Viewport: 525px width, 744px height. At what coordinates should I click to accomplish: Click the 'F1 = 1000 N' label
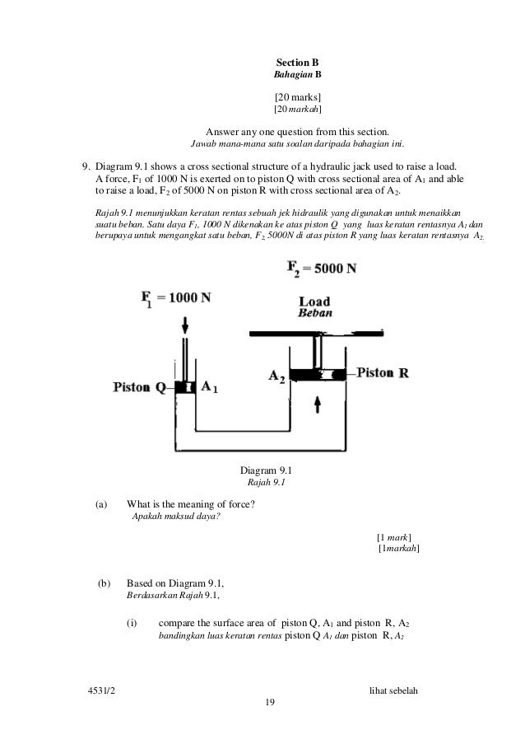(175, 297)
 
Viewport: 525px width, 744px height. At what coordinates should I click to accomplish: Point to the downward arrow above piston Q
(185, 323)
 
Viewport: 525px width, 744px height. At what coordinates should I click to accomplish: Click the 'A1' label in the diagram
(211, 386)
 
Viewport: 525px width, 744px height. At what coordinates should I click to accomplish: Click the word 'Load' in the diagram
(314, 302)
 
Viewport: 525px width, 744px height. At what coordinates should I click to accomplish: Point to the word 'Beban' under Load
(314, 314)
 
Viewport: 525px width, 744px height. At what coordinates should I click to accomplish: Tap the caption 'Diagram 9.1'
(261, 470)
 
